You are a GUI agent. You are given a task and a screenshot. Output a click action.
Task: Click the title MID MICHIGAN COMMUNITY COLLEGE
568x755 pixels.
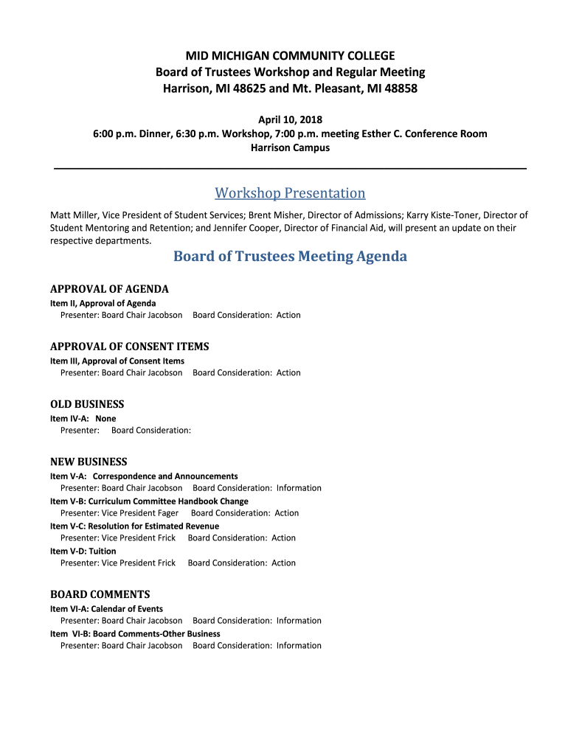[290, 56]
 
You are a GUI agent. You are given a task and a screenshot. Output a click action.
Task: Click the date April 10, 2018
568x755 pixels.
[290, 119]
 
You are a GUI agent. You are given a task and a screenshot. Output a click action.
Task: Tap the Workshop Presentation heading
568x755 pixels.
[290, 193]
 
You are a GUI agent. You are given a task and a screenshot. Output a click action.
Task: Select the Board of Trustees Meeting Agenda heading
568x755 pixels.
[290, 257]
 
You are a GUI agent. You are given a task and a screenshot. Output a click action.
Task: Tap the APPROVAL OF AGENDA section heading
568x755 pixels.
[109, 289]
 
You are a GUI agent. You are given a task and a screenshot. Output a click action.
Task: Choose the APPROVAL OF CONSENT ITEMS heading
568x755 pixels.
[129, 347]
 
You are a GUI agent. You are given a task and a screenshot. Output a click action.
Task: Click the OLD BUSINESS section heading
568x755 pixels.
[87, 404]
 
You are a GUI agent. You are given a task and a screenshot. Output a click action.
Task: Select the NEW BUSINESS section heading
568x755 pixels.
[89, 462]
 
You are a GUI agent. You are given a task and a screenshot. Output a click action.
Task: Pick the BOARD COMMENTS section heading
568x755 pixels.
[100, 594]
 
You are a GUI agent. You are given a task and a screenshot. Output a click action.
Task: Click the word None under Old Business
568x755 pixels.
[105, 419]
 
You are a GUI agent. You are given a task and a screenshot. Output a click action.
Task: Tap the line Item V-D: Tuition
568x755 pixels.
[83, 551]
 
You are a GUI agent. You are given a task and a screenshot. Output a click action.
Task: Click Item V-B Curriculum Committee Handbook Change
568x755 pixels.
[149, 501]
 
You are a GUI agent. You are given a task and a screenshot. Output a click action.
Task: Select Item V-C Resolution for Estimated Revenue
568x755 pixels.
[134, 526]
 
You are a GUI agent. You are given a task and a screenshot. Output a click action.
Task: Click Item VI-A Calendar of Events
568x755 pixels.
[106, 609]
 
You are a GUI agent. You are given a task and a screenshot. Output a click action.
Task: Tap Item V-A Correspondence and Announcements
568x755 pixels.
[144, 476]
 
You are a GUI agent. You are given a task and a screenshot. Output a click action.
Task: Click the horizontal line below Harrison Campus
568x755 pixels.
[290, 169]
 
